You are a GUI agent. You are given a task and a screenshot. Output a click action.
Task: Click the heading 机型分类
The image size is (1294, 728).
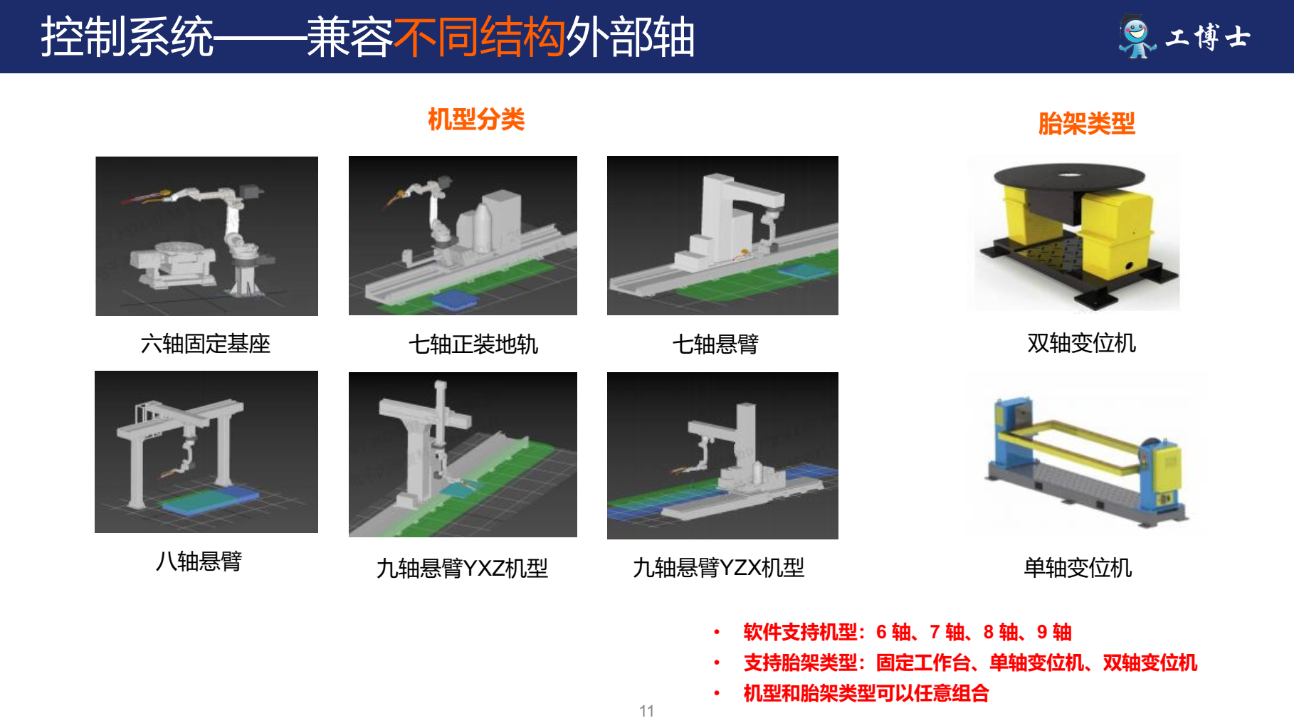point(476,120)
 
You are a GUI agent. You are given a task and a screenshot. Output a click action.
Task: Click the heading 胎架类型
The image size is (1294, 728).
point(1086,124)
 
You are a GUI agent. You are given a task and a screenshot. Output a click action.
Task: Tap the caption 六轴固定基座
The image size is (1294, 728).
point(206,344)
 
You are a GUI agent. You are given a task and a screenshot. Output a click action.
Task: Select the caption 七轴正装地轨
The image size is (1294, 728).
point(473,344)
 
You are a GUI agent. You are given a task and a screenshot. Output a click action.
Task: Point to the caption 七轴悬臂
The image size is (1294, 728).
point(715,344)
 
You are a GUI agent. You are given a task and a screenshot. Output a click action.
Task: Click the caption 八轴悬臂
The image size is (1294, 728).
point(199,561)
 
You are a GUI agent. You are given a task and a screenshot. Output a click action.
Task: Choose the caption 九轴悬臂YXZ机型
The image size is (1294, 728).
point(462,569)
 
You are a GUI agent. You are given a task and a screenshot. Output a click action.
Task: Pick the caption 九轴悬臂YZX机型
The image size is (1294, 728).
point(719,568)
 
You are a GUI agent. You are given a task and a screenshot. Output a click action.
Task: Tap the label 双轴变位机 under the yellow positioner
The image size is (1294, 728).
point(1081,343)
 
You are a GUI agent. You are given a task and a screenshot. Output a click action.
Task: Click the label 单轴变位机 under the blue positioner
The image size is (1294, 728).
point(1078,568)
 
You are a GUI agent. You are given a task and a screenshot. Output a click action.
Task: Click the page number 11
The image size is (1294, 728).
point(646,711)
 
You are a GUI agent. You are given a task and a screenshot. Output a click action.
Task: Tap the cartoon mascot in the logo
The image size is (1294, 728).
point(1136,37)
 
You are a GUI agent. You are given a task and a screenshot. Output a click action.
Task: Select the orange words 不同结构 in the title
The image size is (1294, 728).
point(480,37)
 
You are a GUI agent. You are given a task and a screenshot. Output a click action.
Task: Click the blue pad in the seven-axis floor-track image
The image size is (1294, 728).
point(454,300)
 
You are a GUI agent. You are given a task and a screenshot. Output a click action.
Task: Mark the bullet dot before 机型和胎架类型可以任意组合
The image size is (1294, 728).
point(717,693)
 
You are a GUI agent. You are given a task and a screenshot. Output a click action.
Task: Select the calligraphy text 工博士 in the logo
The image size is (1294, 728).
point(1208,37)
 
